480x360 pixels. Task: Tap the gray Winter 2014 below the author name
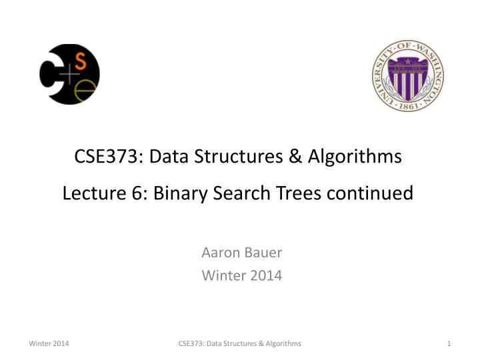[x=241, y=275]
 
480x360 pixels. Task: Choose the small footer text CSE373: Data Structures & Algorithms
[x=240, y=343]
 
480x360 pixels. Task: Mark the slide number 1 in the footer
[x=450, y=343]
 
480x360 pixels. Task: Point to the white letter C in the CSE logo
[x=51, y=75]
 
